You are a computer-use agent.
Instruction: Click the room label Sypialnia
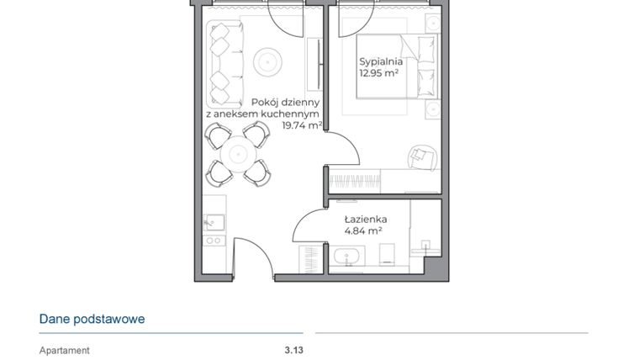click(x=381, y=61)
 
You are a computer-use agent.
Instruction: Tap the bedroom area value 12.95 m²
click(x=378, y=73)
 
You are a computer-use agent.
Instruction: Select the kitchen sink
click(x=213, y=223)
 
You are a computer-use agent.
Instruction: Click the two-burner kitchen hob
click(x=214, y=241)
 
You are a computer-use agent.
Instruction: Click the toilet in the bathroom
click(x=388, y=253)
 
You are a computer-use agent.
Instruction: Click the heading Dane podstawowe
click(x=92, y=319)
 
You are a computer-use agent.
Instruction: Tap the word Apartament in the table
click(x=65, y=351)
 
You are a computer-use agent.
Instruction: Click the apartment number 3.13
click(x=293, y=351)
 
